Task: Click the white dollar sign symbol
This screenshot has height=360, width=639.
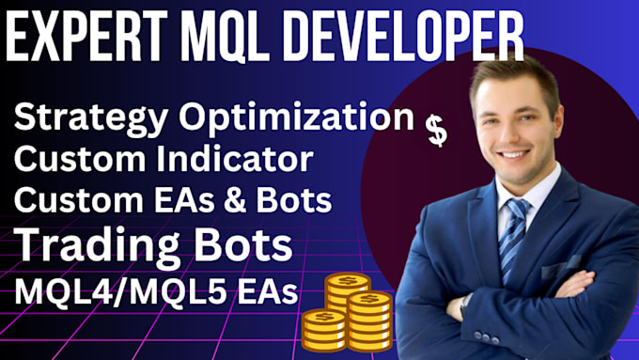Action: click(x=436, y=131)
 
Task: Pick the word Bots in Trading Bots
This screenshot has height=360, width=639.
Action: click(x=242, y=247)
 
